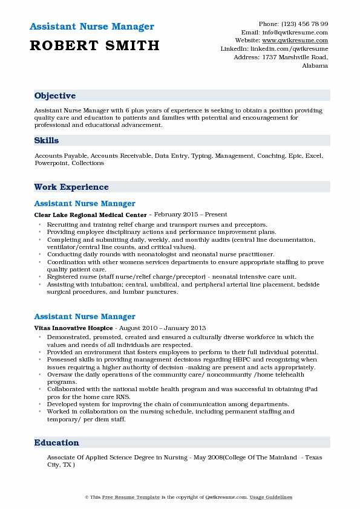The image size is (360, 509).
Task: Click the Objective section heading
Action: click(x=55, y=96)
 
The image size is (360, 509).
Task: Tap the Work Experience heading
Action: click(x=71, y=187)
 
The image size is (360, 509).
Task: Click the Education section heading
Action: click(x=57, y=443)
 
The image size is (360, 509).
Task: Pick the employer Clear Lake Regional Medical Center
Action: click(x=91, y=215)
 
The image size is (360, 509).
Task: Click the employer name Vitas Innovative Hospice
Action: click(x=73, y=327)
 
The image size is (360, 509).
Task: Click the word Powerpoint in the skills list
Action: click(x=51, y=163)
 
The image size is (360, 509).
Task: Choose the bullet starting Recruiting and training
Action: click(x=157, y=224)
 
